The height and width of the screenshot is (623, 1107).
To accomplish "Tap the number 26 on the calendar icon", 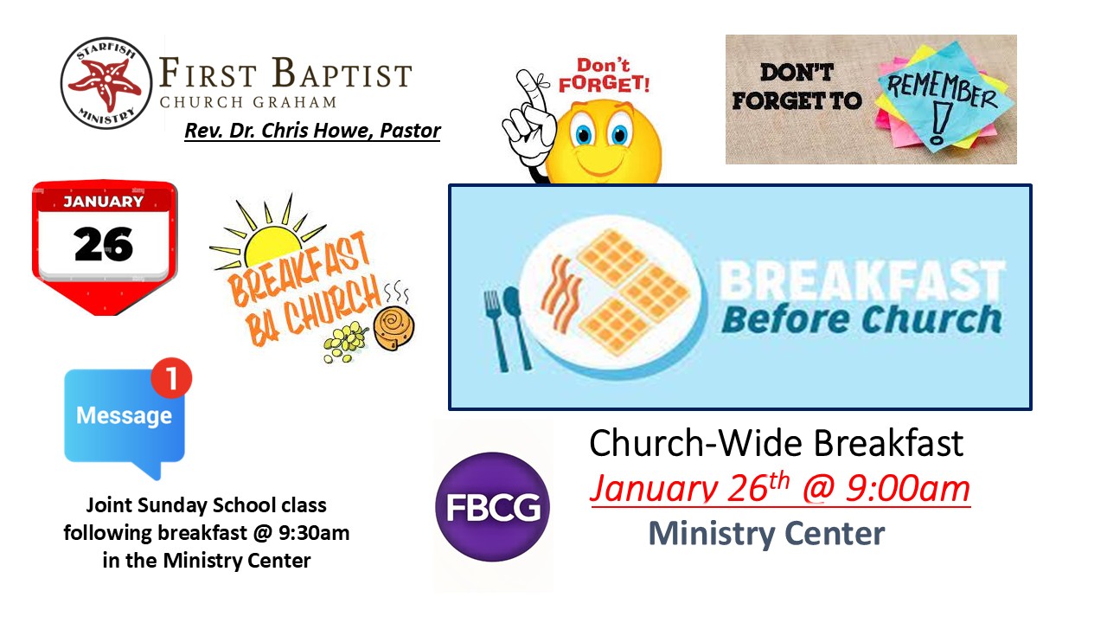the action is pos(104,244).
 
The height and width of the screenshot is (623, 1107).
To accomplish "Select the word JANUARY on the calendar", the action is pos(103,202).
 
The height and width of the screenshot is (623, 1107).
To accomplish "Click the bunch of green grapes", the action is pos(345,341).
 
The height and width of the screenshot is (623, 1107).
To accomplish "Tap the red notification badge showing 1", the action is pos(171,378).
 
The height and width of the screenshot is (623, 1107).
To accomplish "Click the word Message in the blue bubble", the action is pos(124,415).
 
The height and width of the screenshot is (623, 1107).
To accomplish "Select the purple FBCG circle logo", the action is pos(492,507).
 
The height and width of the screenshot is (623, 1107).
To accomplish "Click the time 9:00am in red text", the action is pos(908,490).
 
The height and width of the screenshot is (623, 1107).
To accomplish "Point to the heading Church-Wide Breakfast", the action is pos(776,443).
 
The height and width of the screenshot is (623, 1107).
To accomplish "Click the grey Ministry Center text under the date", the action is pos(766,534).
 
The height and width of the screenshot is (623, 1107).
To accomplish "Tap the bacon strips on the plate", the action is pos(561,294).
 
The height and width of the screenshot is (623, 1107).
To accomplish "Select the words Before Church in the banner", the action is pos(861,319).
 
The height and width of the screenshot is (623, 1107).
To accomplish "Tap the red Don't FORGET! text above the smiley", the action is pos(604,75).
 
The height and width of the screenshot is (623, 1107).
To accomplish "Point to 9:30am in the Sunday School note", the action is pos(314,533).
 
